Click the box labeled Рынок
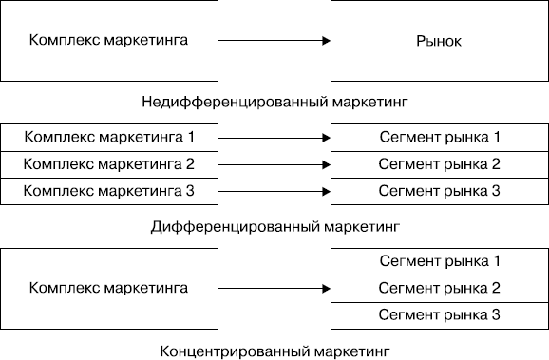tap(439, 41)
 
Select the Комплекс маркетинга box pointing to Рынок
tap(108, 41)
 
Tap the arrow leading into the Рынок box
tap(274, 41)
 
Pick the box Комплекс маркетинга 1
tap(108, 136)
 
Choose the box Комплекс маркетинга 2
tap(108, 163)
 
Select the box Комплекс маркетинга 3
tap(108, 191)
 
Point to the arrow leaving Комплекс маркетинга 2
tap(274, 163)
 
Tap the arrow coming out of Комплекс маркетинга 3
tap(274, 191)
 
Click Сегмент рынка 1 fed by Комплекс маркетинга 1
tap(439, 136)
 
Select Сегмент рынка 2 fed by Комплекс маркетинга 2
tap(439, 163)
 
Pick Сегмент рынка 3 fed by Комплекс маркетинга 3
tap(439, 191)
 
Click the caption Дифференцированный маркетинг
tap(275, 227)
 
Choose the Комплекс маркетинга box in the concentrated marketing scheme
tap(108, 287)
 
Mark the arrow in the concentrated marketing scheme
tap(274, 287)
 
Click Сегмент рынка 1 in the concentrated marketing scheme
tap(439, 260)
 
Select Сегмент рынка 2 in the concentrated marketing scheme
tap(439, 287)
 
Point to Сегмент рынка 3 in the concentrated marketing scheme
tap(439, 314)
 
